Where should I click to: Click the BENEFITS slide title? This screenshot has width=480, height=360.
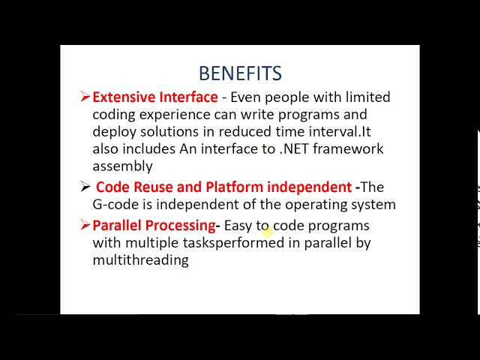(240, 73)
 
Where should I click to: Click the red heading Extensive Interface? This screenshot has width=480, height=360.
(154, 97)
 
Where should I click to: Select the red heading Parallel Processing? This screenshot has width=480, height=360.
(153, 225)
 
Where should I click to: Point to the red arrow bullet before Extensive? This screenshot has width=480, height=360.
(85, 96)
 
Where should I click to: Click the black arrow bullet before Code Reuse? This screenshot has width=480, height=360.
(85, 187)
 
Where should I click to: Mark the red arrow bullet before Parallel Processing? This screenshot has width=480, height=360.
(85, 224)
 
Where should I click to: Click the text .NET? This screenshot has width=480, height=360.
(294, 148)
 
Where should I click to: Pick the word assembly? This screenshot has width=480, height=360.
(122, 166)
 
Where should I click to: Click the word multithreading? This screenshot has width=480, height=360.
(140, 259)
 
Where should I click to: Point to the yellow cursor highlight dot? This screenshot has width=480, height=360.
(268, 232)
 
